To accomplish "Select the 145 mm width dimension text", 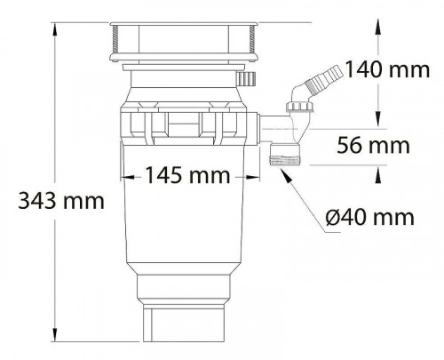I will point(183,175).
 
